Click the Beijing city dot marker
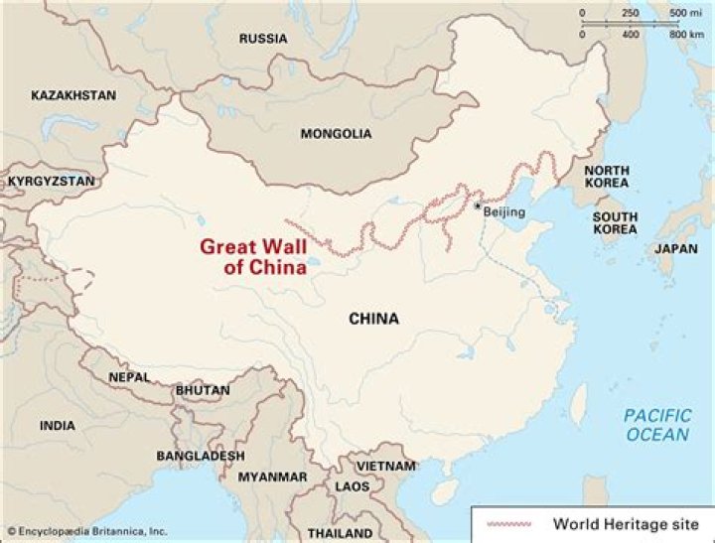point(478,204)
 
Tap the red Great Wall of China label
point(251,256)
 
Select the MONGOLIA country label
point(336,134)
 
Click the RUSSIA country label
point(263,39)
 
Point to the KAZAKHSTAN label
point(73,95)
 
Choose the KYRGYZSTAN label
point(52,182)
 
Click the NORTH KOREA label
point(606,177)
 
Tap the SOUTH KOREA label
point(615,222)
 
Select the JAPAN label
point(676,249)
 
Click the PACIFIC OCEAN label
point(655,426)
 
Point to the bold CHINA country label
point(373,319)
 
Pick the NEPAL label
point(130,377)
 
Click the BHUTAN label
point(203,391)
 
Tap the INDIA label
point(57,425)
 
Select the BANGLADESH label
point(200,456)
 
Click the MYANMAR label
point(272,477)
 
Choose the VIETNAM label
point(385,466)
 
